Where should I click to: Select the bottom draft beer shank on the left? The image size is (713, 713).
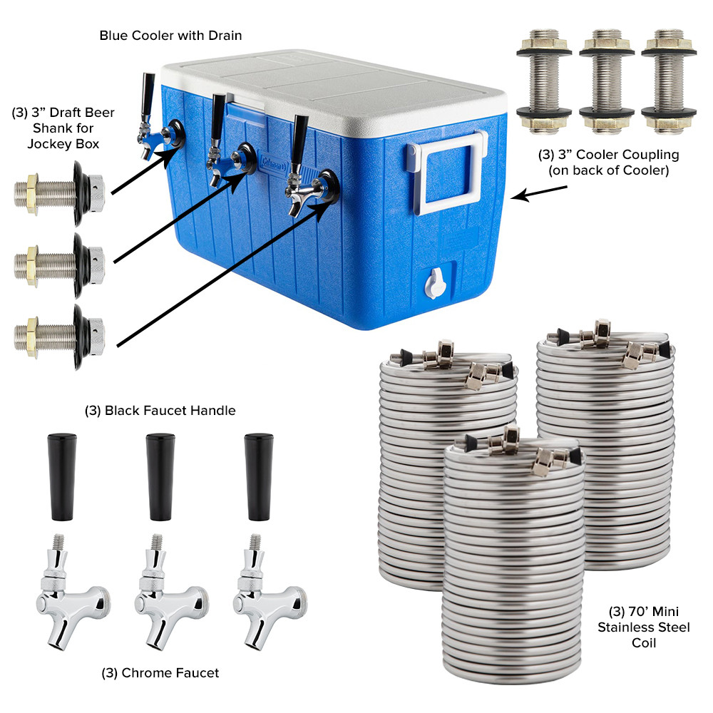click(60, 332)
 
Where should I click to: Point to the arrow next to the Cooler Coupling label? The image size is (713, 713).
click(539, 193)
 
